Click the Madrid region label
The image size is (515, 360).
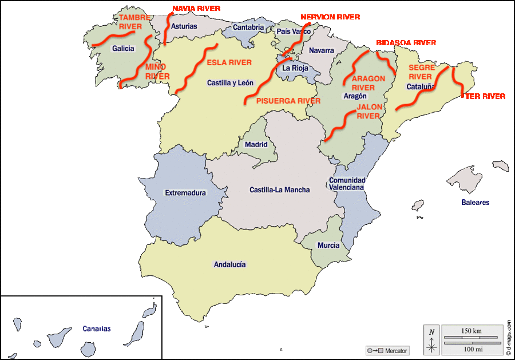pos(256,145)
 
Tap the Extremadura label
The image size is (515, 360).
pos(185,193)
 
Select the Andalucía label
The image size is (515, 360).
pos(229,264)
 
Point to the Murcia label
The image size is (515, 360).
pos(328,246)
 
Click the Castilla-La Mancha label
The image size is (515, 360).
pos(280,190)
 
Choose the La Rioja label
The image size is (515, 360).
pos(295,68)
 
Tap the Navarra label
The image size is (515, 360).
pos(321,50)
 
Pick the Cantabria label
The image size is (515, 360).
pos(248,27)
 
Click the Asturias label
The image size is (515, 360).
pos(184,26)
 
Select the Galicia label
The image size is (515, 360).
pos(123,49)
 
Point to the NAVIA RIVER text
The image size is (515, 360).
pos(196,9)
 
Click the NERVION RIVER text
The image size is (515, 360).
pos(330,17)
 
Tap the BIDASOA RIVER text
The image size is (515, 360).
pos(406,43)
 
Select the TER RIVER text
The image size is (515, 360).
pos(485,96)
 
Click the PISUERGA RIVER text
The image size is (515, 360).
pos(288,101)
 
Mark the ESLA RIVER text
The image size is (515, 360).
pos(229,62)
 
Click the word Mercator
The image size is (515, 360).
pos(396,350)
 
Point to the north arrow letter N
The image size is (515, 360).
pos(432,332)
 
